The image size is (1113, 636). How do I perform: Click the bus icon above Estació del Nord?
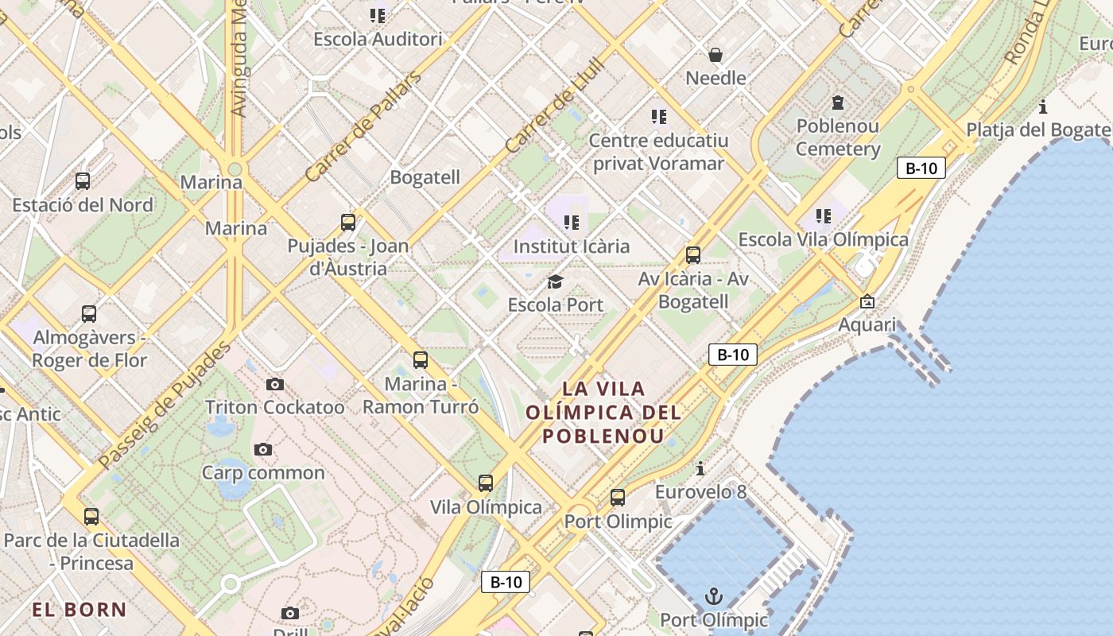pyautogui.click(x=83, y=181)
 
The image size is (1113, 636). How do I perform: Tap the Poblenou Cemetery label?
pyautogui.click(x=838, y=138)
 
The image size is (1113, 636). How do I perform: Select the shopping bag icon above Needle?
pyautogui.click(x=715, y=55)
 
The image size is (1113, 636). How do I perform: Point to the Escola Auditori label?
pyautogui.click(x=378, y=39)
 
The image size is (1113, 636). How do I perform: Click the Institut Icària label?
pyautogui.click(x=572, y=246)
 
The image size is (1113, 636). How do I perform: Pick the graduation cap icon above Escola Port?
pyautogui.click(x=555, y=281)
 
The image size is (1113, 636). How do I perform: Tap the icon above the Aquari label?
pyautogui.click(x=867, y=302)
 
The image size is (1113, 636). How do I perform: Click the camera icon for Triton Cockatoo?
pyautogui.click(x=275, y=385)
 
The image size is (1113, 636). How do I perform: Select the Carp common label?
pyautogui.click(x=263, y=473)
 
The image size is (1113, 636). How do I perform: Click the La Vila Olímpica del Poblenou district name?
pyautogui.click(x=604, y=412)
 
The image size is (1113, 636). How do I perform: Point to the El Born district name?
pyautogui.click(x=79, y=610)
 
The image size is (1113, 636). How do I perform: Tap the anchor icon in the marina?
pyautogui.click(x=714, y=596)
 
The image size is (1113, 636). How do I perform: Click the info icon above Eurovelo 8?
pyautogui.click(x=700, y=468)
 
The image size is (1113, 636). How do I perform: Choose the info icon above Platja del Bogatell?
pyautogui.click(x=1043, y=107)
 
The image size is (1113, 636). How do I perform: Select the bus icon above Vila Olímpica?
pyautogui.click(x=486, y=483)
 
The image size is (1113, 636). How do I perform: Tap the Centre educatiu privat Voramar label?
pyautogui.click(x=658, y=152)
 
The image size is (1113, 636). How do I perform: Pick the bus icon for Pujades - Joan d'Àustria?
pyautogui.click(x=348, y=223)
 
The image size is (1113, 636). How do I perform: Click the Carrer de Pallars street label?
pyautogui.click(x=363, y=126)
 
